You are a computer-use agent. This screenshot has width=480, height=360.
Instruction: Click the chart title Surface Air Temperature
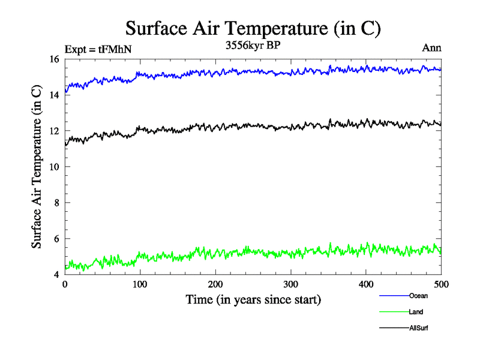pos(253,28)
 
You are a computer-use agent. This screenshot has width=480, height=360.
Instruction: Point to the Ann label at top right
pos(432,48)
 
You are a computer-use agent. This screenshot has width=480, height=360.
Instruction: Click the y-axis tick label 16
pos(54,59)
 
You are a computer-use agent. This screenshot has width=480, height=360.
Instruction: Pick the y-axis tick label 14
pos(54,95)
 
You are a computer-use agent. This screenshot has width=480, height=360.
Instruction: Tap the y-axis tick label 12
pos(54,131)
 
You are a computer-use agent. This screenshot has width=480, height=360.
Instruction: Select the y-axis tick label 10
pos(54,167)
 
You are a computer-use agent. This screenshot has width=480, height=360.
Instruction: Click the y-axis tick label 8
pos(56,203)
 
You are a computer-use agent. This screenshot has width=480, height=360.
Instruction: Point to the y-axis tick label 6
pos(56,239)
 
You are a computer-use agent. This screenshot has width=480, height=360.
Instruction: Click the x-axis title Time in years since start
pos(253,299)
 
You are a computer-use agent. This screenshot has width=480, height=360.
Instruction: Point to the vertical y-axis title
pos(37,167)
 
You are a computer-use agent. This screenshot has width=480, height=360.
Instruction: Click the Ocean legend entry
pos(418,295)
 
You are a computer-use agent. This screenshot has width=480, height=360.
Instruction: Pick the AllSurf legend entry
pos(419,328)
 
